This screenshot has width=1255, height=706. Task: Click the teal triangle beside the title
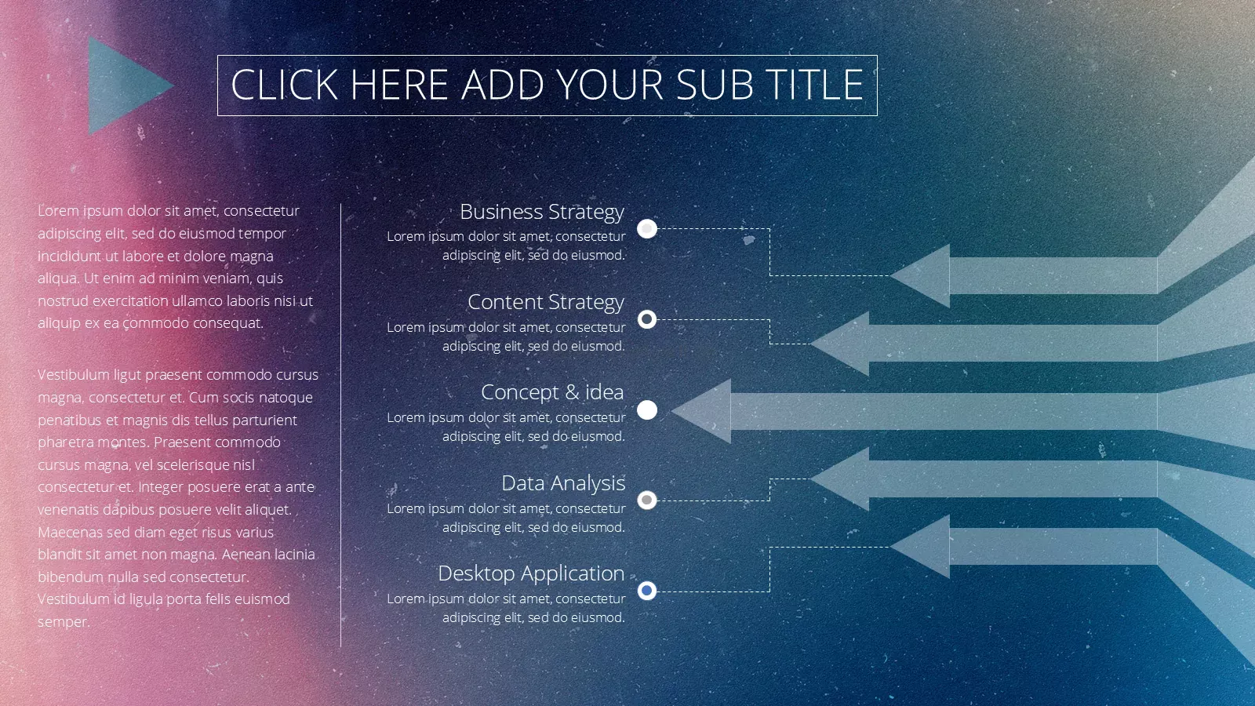[x=123, y=86]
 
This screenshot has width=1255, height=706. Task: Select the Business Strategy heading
[x=542, y=212]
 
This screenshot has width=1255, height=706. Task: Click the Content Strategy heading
[x=546, y=302]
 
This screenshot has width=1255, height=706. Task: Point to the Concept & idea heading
[x=552, y=392]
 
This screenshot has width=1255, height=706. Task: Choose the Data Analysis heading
[x=563, y=483]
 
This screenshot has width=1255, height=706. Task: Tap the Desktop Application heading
[x=531, y=573]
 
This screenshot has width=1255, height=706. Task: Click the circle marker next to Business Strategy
[x=647, y=228]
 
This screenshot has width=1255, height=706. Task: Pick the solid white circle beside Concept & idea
[x=647, y=410]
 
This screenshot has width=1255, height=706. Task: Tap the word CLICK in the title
[x=284, y=86]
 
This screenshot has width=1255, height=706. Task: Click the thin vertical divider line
[x=340, y=425]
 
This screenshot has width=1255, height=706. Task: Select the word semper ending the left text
[x=64, y=623]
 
